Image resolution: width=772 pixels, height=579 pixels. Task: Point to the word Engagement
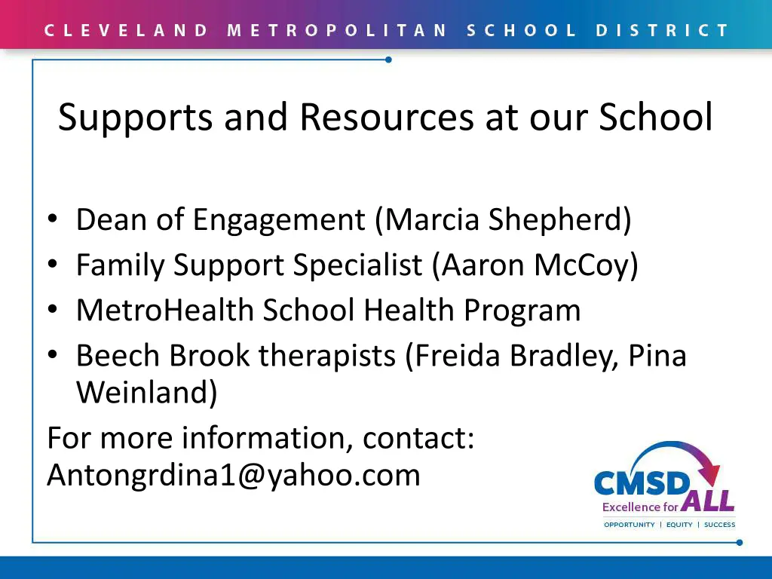279,220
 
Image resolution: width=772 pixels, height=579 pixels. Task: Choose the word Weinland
146,393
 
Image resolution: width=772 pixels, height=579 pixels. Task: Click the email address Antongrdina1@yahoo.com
234,476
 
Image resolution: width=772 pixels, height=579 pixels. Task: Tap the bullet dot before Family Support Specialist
52,265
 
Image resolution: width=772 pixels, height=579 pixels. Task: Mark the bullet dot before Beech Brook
52,355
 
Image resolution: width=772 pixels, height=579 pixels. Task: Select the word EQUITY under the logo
679,525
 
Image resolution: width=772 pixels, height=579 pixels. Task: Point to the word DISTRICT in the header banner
662,31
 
